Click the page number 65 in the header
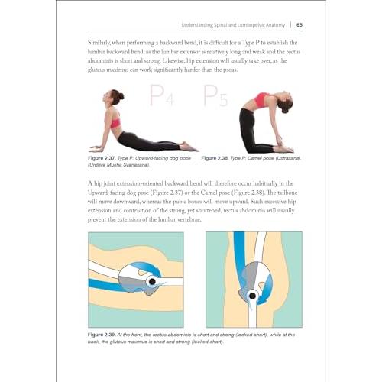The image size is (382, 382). (299, 25)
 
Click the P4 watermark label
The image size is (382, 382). (162, 95)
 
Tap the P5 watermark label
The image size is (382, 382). (215, 95)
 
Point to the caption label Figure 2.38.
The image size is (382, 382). (215, 158)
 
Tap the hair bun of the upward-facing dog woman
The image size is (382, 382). (121, 96)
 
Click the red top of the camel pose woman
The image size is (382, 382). (261, 100)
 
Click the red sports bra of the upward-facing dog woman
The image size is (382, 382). (115, 122)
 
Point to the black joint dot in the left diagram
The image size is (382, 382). (152, 281)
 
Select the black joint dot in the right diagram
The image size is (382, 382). (252, 296)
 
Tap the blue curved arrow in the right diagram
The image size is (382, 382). (267, 289)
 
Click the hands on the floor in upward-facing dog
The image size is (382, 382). (97, 148)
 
